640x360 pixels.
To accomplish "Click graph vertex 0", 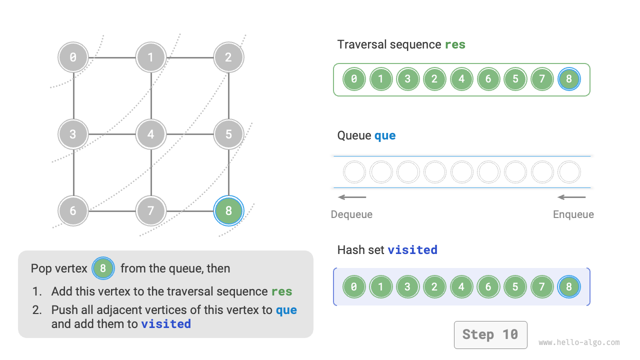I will click(x=73, y=57).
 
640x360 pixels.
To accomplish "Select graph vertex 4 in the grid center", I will click(x=150, y=134).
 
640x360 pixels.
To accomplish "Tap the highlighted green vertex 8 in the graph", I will click(x=228, y=211).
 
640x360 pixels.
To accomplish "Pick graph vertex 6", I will click(x=73, y=211).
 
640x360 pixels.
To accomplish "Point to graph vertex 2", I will click(x=228, y=57).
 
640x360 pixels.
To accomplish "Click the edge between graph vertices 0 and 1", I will click(x=112, y=57).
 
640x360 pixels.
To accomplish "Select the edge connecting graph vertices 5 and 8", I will click(x=228, y=172).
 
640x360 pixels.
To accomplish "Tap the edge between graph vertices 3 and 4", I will click(x=112, y=134).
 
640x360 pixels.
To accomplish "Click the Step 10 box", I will click(x=490, y=334).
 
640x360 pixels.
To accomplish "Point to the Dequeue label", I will click(x=351, y=214).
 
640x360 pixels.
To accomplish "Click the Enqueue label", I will click(x=573, y=214).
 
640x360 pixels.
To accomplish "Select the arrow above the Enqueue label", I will click(x=571, y=197).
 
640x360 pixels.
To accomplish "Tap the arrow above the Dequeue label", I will click(x=352, y=197).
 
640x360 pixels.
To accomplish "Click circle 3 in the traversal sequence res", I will click(x=407, y=79).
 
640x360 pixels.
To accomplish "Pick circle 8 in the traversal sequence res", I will click(x=569, y=79).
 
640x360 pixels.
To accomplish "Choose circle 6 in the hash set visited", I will click(x=488, y=287).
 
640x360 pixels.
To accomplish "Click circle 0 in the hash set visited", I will click(x=354, y=287).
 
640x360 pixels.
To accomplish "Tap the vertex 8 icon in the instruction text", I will click(x=103, y=268).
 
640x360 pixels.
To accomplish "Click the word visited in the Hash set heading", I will click(x=412, y=249).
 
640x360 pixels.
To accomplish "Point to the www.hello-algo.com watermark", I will click(x=579, y=342).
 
